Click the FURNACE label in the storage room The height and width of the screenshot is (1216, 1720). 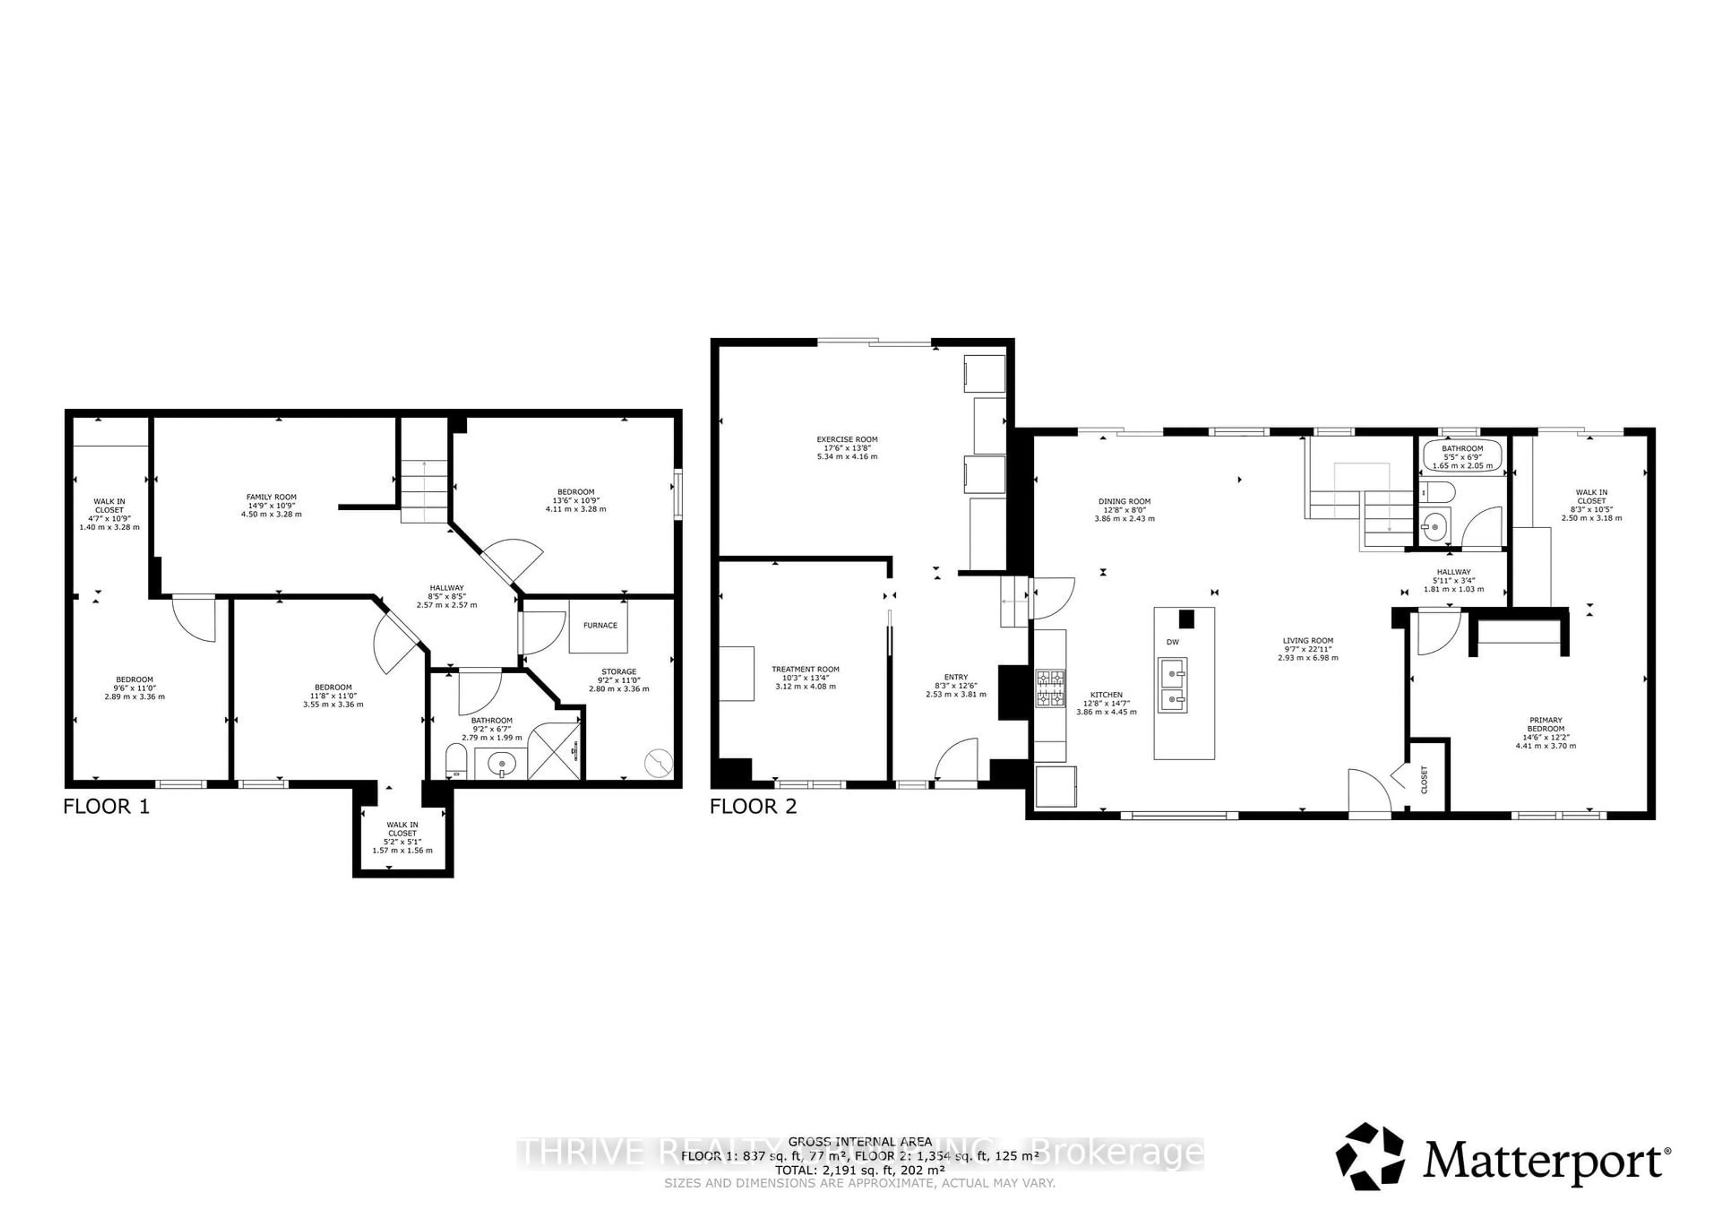pos(600,625)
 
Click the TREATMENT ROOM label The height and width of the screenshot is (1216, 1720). pos(805,669)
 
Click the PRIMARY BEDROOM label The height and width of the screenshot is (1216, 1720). pos(1545,724)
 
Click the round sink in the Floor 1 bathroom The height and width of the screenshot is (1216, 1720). pos(502,764)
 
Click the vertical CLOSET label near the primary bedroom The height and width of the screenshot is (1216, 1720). pos(1424,779)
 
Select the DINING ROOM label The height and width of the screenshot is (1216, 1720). pos(1124,502)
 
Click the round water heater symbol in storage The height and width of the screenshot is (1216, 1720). pos(658,763)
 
